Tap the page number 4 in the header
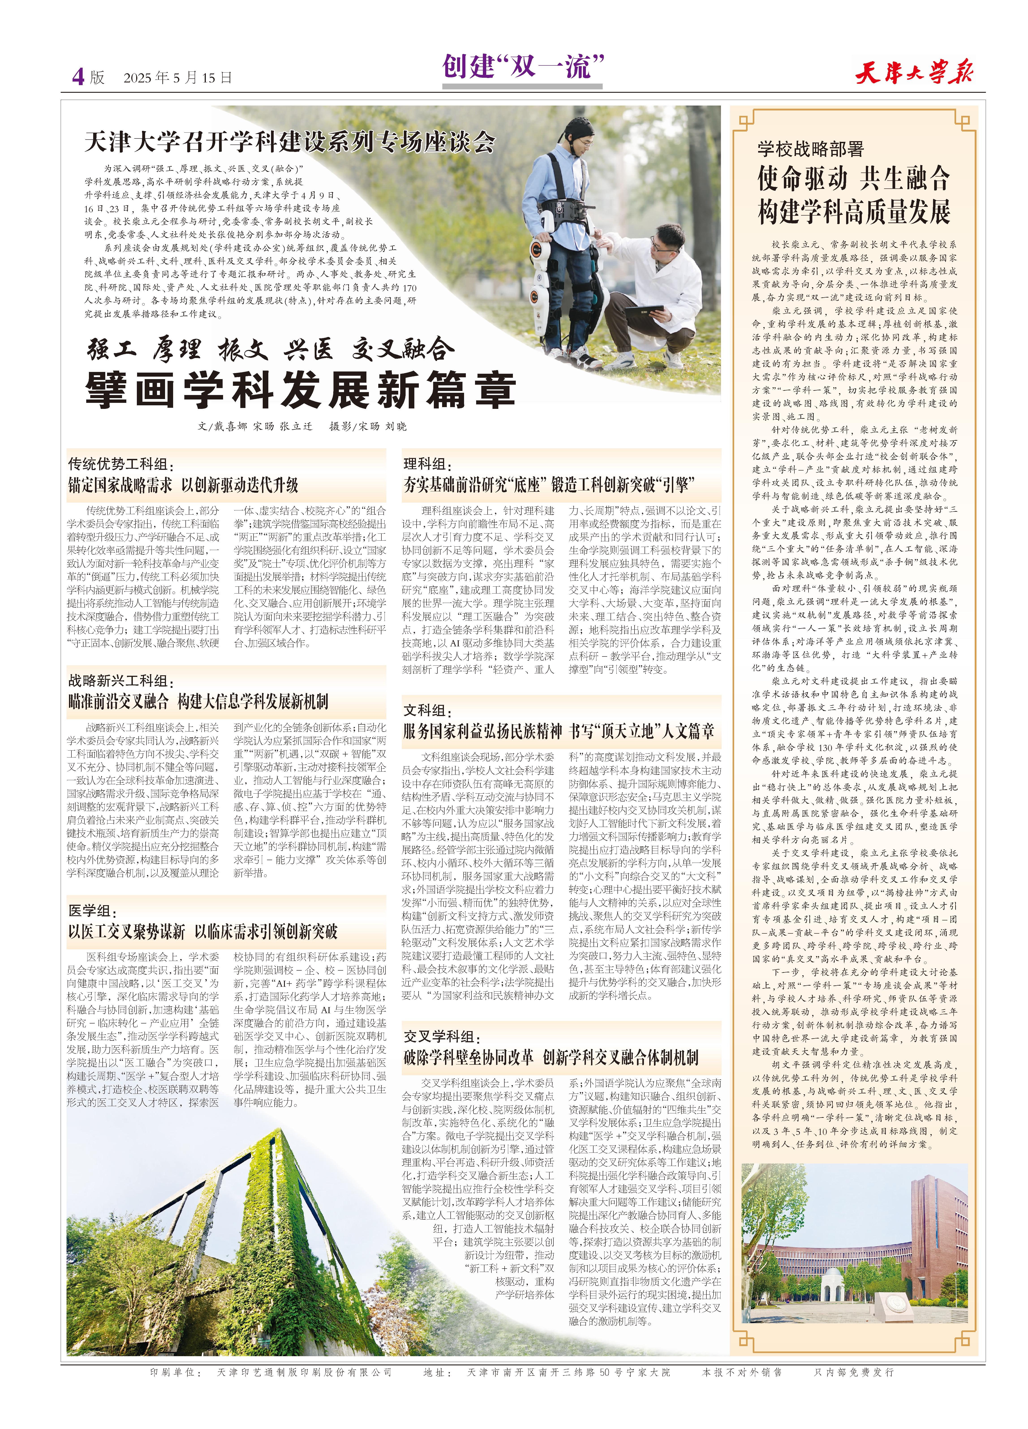coord(78,77)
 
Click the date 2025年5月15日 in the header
coord(178,78)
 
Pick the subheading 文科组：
coord(428,710)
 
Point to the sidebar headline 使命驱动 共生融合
coord(854,179)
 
